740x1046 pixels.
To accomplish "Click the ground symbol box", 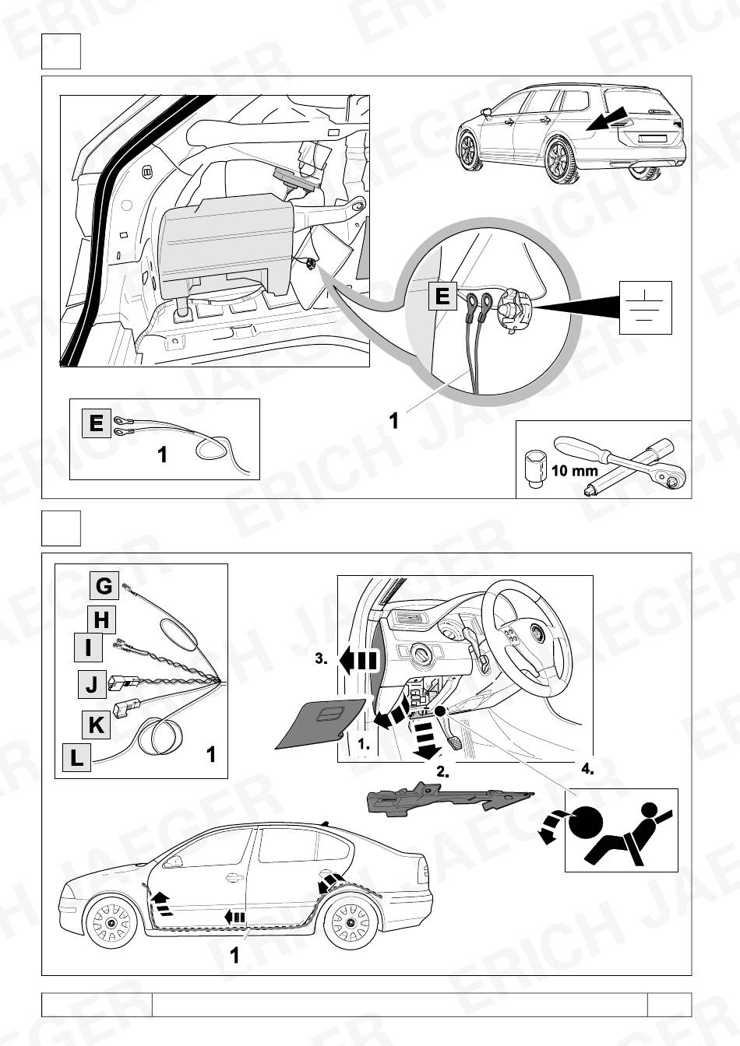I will click(x=646, y=308).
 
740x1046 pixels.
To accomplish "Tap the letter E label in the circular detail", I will click(x=442, y=297).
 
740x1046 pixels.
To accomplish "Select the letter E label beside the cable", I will click(x=96, y=423).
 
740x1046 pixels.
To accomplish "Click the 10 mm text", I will click(x=574, y=472).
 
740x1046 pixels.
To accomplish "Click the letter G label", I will click(x=104, y=586).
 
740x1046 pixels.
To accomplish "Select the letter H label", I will click(x=101, y=620).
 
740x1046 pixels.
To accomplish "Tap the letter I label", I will click(x=88, y=648).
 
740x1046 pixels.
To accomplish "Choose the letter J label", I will click(x=91, y=686).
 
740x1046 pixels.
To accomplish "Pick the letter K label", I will click(x=96, y=725).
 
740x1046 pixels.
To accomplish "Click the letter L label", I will click(x=76, y=757).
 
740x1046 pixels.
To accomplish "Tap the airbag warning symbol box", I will click(x=619, y=830).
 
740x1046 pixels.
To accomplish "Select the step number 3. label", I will click(x=321, y=658).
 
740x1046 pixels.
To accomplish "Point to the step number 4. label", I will click(x=587, y=767).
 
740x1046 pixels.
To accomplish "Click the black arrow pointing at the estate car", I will click(x=608, y=121).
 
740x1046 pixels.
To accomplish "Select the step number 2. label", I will click(x=442, y=773).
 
